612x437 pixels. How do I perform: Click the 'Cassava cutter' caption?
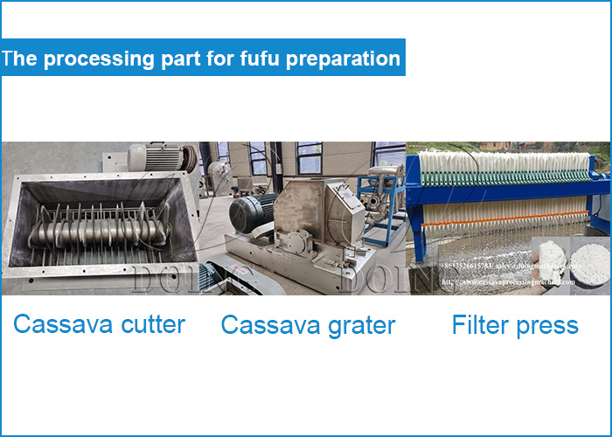click(99, 325)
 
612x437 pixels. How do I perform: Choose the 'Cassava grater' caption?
click(308, 326)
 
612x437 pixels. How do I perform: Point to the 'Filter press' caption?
click(515, 326)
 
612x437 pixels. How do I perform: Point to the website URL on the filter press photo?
click(507, 282)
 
